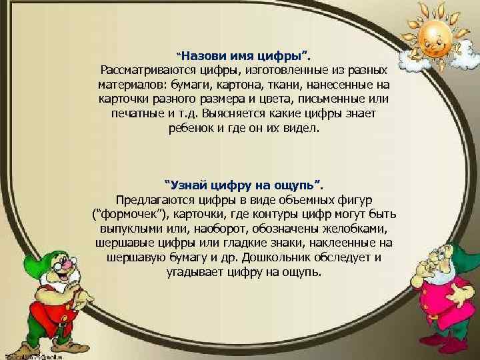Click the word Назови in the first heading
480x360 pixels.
[x=204, y=55]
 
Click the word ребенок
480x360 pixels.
[x=193, y=129]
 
